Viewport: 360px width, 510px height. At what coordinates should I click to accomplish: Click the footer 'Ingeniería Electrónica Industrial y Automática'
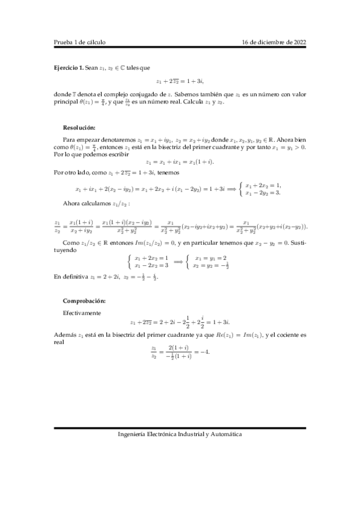pyautogui.click(x=180, y=433)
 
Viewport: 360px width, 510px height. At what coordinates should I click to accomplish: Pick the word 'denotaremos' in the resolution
pyautogui.click(x=118, y=138)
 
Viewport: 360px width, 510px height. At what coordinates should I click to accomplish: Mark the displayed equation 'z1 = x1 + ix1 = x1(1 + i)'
pyautogui.click(x=180, y=162)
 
